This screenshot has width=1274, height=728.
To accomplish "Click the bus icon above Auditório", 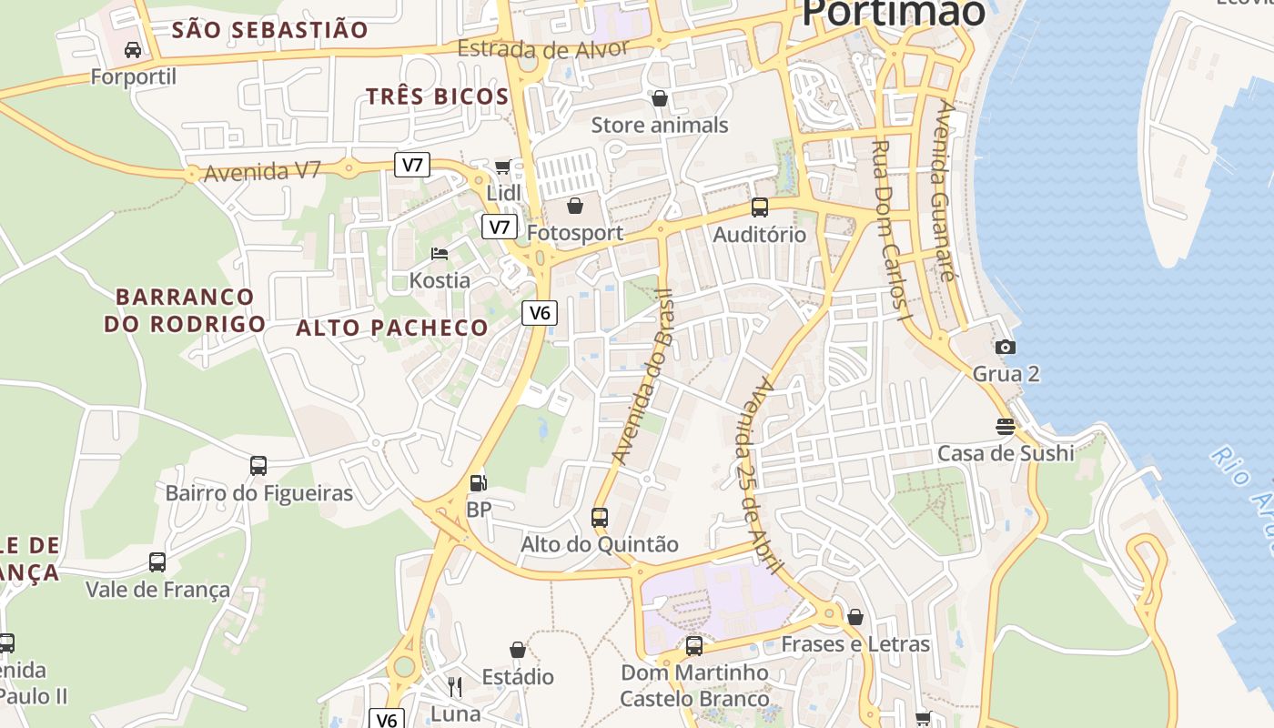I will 760,207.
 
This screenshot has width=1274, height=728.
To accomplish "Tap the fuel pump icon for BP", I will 478,483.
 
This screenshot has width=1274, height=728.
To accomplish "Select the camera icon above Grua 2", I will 1006,347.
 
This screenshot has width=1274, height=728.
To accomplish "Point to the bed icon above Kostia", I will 440,253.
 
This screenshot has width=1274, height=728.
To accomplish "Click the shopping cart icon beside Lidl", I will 502,167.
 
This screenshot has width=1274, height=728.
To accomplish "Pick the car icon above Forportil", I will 133,49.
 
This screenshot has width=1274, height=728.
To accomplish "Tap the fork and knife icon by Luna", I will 455,686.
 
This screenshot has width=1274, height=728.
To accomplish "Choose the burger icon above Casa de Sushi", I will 1006,426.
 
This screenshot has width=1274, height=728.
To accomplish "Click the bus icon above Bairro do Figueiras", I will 258,466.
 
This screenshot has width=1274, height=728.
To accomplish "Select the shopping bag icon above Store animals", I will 660,97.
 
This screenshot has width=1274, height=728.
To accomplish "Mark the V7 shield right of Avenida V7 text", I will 413,165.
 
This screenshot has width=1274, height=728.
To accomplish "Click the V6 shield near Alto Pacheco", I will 540,313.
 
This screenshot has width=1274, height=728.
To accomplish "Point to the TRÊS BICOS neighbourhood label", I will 437,96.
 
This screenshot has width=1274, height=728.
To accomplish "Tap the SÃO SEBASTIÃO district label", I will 270,30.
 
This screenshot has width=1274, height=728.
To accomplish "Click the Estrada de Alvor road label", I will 542,48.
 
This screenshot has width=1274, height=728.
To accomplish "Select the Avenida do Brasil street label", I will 643,376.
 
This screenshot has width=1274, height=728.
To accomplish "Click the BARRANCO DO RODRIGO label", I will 185,310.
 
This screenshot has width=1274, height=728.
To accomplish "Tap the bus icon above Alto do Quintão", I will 600,518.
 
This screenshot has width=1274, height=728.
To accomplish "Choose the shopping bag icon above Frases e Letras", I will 855,618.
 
